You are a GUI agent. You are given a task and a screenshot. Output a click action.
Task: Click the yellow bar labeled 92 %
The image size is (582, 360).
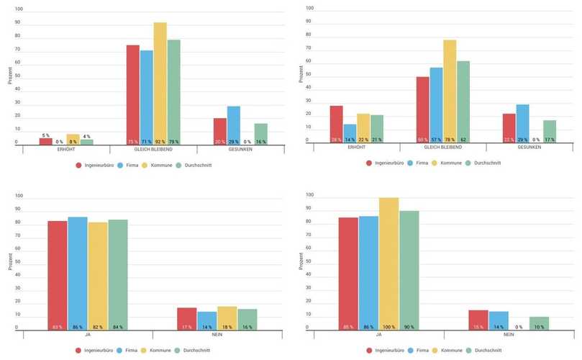160,84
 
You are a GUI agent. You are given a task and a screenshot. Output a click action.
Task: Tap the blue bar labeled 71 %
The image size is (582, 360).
147,98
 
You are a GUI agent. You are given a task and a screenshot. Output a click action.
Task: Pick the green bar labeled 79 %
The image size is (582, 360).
173,92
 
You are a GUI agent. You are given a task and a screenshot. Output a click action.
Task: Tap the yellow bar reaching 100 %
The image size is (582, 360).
389,264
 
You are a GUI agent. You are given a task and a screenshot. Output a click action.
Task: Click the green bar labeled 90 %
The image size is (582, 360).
409,270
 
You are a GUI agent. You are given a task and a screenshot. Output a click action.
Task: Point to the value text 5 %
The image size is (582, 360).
45,135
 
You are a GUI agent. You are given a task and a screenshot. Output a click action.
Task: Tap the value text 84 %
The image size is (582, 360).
117,327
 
